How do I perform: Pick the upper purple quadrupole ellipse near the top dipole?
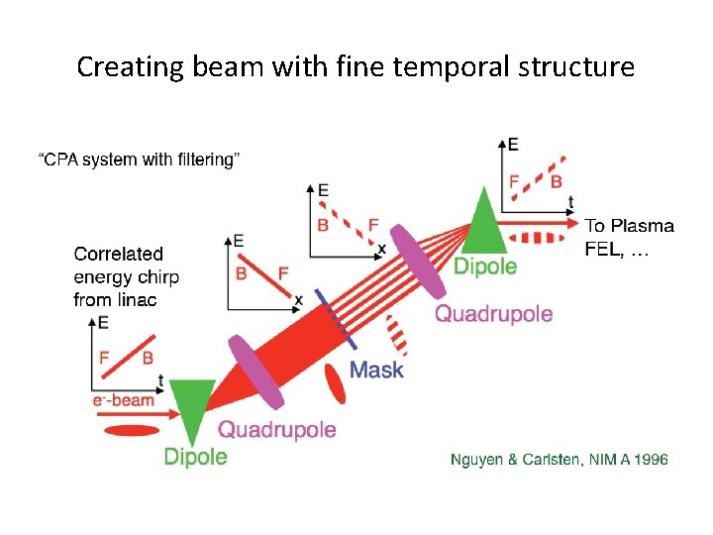tap(419, 261)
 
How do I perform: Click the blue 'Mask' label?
tap(377, 370)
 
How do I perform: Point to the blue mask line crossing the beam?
tap(337, 318)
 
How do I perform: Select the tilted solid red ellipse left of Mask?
tap(337, 383)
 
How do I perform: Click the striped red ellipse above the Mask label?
tap(397, 335)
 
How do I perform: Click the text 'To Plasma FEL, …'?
tap(628, 238)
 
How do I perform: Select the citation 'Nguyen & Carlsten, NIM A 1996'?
tap(560, 459)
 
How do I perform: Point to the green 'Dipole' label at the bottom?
tap(195, 457)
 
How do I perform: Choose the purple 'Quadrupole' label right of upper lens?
tap(494, 314)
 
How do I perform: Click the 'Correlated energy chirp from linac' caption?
tap(126, 276)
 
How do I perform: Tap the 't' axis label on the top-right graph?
tap(570, 201)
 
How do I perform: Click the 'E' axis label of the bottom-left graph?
tap(103, 322)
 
